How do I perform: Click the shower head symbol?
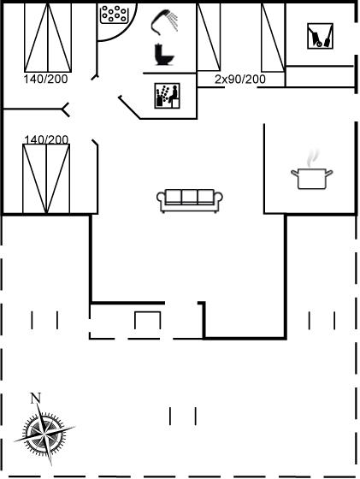(x=164, y=21)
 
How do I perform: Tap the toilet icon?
(x=164, y=55)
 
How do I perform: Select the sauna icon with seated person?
(x=167, y=96)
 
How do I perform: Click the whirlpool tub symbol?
(x=114, y=14)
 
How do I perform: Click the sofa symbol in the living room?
(x=190, y=200)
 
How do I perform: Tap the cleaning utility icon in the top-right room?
(x=320, y=36)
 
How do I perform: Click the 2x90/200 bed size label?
(x=240, y=80)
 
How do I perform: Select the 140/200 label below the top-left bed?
(x=45, y=79)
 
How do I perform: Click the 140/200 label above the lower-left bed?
(x=46, y=140)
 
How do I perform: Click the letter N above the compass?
(x=35, y=398)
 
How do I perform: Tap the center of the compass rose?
(x=44, y=433)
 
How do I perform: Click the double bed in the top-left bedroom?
(x=48, y=38)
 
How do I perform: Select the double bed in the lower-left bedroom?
(x=46, y=179)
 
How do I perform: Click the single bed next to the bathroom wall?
(x=209, y=37)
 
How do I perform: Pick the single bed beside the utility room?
(x=273, y=38)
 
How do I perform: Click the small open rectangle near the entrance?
(x=147, y=320)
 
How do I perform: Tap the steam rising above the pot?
(x=312, y=158)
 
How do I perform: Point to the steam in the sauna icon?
(x=162, y=92)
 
